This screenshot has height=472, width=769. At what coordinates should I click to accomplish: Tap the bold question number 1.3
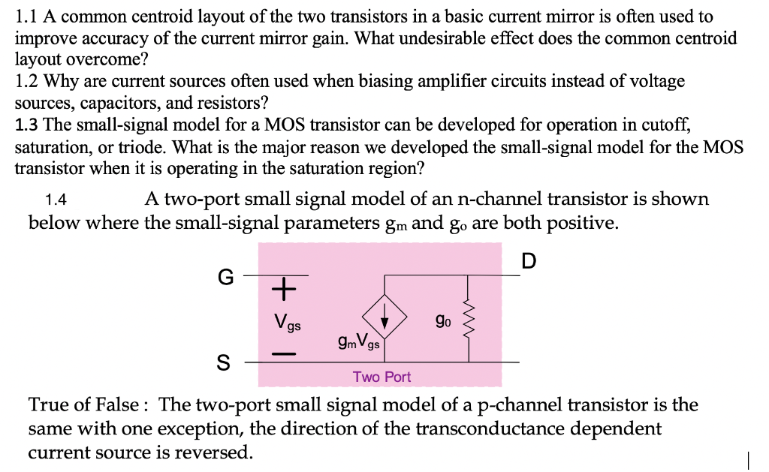[27, 125]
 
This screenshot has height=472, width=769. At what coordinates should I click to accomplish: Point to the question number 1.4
[56, 200]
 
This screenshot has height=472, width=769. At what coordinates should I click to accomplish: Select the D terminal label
[529, 261]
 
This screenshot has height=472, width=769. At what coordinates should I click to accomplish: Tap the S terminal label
[223, 363]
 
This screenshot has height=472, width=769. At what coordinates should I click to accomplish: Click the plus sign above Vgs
[284, 287]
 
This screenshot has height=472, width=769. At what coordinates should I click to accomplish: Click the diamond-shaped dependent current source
[385, 321]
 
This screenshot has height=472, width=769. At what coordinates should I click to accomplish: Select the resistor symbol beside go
[470, 321]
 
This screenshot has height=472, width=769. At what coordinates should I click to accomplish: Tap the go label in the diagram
[443, 320]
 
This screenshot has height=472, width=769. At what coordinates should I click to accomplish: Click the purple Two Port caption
[382, 377]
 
